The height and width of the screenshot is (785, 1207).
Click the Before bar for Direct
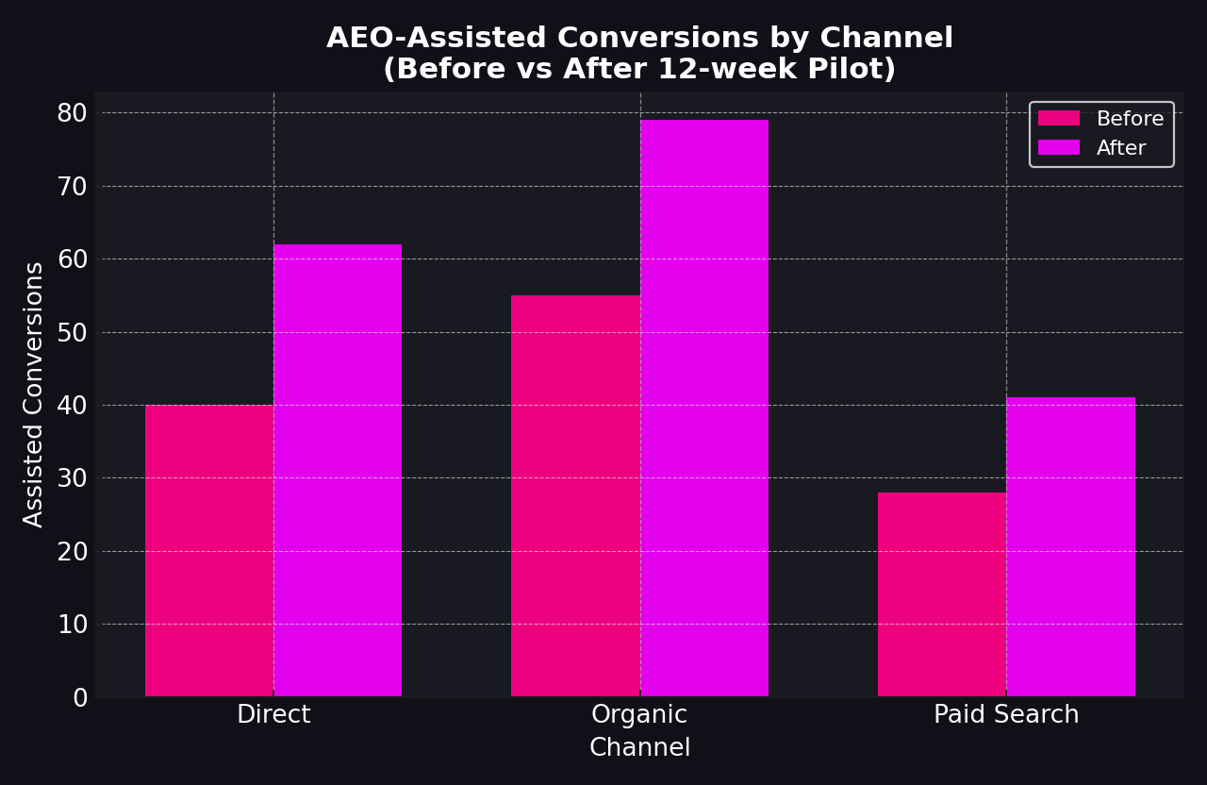click(x=209, y=551)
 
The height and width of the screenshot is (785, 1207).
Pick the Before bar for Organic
click(x=575, y=496)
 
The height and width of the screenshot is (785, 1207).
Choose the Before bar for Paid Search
click(x=942, y=594)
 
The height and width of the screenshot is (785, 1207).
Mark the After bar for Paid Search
click(x=1070, y=547)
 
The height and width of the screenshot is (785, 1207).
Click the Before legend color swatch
click(x=1058, y=119)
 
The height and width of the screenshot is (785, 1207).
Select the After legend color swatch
click(x=1058, y=148)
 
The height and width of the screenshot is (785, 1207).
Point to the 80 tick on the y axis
click(x=72, y=113)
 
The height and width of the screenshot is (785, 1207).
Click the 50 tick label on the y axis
click(x=72, y=332)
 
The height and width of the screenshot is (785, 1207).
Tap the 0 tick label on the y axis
click(x=80, y=697)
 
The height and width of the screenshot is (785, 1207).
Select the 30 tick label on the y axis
click(x=72, y=478)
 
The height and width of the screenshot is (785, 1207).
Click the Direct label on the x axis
click(x=273, y=715)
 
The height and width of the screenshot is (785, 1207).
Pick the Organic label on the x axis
click(x=639, y=715)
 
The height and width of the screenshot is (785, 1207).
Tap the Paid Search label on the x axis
click(x=1006, y=715)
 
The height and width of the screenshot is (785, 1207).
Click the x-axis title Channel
click(x=639, y=748)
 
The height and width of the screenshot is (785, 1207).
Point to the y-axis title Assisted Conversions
click(x=34, y=394)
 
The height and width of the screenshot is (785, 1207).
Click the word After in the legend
click(x=1121, y=148)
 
